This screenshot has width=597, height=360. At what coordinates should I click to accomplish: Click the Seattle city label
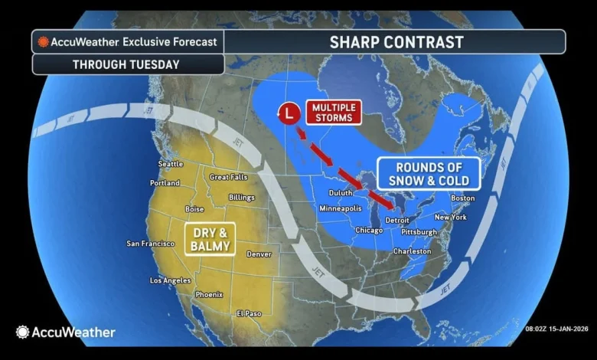coord(171,164)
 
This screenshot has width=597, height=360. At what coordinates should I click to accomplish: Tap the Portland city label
coord(165,184)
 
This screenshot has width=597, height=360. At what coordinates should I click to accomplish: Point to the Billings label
coord(241,197)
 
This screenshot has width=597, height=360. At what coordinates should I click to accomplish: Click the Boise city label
coord(194,209)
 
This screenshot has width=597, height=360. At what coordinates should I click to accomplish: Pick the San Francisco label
coord(151,244)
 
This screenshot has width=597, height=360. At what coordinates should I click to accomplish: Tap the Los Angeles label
coord(170,280)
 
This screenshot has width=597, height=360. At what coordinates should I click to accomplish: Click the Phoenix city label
coord(209,295)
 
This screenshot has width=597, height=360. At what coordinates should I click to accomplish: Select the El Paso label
coord(249,313)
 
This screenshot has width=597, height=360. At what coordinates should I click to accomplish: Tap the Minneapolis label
coord(339,208)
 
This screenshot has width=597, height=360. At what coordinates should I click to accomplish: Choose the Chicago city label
coord(368,230)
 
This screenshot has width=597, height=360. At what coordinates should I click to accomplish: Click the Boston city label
coord(463,198)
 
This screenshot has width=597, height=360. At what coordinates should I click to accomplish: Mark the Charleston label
coord(413,251)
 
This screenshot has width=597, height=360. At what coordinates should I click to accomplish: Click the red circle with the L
coord(288,113)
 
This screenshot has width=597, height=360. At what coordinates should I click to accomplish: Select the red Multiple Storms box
coord(334,112)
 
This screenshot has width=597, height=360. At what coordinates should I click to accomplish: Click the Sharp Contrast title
coord(396,41)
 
